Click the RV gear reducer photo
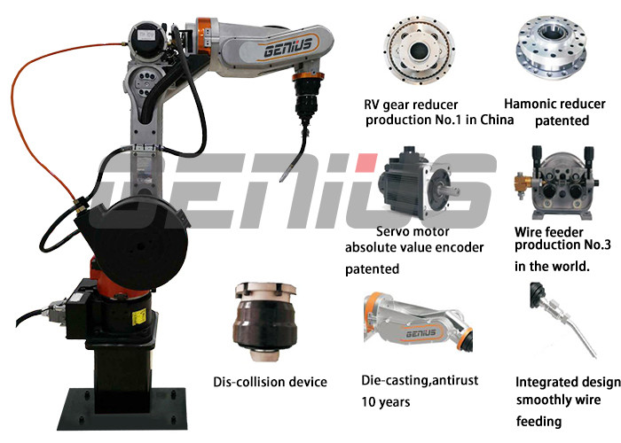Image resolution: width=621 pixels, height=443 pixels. click(420, 51)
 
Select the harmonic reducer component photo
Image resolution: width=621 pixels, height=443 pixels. click(551, 47)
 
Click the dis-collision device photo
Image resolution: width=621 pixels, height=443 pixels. click(265, 321)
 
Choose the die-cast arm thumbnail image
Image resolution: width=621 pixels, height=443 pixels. click(418, 321)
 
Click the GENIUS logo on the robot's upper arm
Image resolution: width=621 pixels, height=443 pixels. click(288, 48)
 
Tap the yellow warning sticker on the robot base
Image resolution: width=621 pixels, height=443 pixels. click(138, 316)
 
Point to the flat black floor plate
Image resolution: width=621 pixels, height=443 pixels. click(122, 409)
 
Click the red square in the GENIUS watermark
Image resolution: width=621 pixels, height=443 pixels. click(366, 162)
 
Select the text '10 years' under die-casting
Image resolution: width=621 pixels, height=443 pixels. click(386, 402)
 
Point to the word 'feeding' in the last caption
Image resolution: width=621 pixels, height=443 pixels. click(539, 421)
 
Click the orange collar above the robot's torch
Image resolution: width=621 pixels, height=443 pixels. click(309, 76)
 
